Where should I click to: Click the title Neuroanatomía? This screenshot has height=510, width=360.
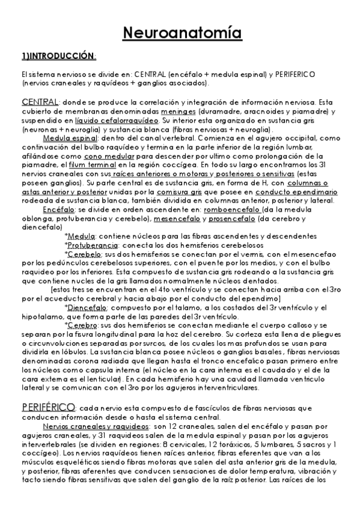click(180, 32)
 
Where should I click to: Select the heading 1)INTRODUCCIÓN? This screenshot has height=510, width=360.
click(58, 56)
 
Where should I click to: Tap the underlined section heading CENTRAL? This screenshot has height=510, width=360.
click(40, 101)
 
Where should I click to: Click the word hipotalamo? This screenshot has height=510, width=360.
click(40, 316)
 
